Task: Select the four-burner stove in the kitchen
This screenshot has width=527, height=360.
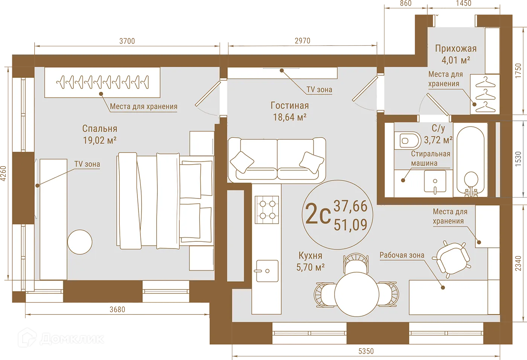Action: (267, 209)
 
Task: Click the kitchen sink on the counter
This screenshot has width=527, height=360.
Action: (267, 271)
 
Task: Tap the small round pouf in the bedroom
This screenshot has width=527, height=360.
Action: (80, 242)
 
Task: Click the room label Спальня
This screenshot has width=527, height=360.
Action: (100, 129)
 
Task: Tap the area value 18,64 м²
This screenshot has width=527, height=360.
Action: (289, 117)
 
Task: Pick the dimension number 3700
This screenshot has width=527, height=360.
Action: (127, 41)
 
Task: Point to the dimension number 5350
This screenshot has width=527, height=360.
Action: (366, 351)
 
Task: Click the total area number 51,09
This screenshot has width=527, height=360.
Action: (350, 225)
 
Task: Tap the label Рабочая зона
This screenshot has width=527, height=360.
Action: (402, 255)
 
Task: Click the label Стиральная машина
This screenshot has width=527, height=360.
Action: (430, 159)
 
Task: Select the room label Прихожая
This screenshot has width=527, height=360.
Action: (455, 49)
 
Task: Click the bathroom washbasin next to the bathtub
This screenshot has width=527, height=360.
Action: (435, 182)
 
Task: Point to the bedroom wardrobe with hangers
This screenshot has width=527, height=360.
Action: (102, 82)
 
